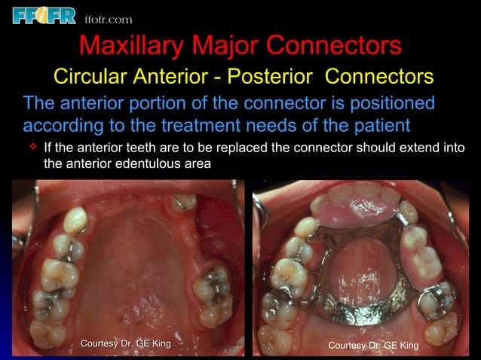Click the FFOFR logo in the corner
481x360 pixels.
43,14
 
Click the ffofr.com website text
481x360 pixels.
109,18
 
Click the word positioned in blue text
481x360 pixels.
382,102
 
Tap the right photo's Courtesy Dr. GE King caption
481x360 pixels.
373,345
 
